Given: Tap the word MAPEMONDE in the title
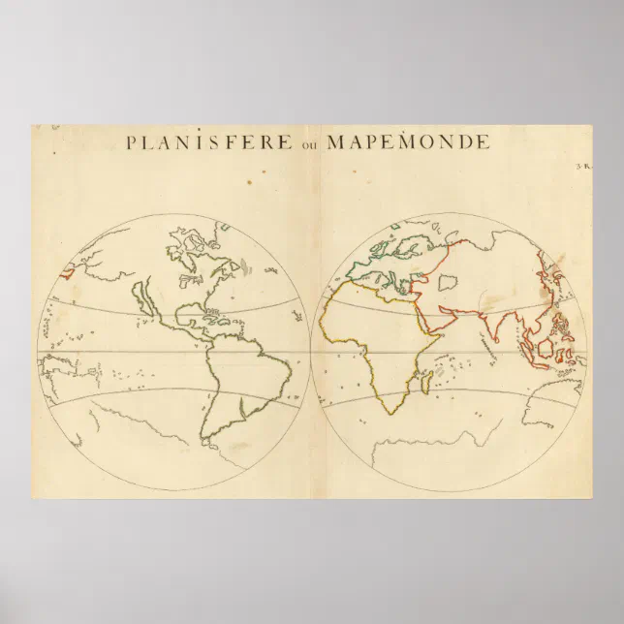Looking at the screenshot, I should point(408,142).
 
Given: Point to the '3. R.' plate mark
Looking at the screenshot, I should point(583,168).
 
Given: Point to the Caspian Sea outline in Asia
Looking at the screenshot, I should point(448,284).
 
